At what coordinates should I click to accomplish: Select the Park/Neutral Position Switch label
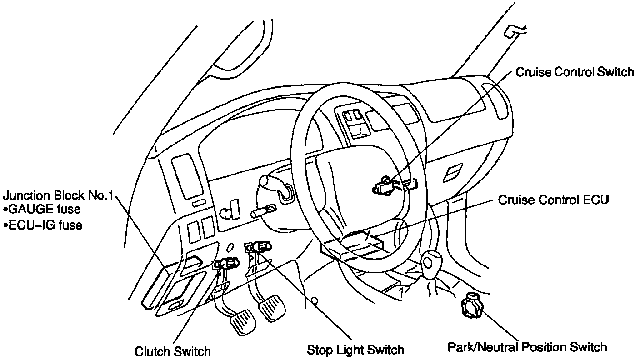coord(527,348)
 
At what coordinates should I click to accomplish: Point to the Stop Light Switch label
coord(355,350)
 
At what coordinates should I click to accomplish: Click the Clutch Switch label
coord(173,351)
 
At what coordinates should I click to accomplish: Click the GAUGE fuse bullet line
coord(42,210)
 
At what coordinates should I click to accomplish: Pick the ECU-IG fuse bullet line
coord(43,225)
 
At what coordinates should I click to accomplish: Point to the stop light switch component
coord(259,247)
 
